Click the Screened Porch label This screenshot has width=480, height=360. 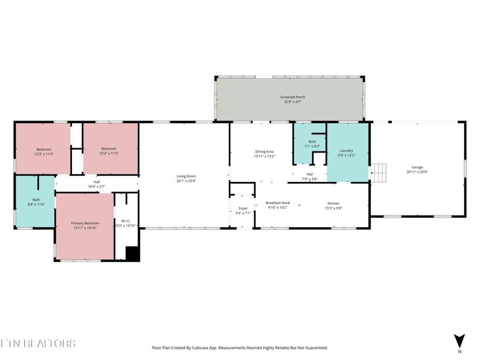pos(293,99)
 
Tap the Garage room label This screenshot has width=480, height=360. pos(417,170)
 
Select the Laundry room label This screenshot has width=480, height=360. pos(346,153)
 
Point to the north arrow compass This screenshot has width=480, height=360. pos(459,342)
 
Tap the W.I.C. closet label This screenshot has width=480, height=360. pos(126,223)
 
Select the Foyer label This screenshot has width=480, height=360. pos(243,211)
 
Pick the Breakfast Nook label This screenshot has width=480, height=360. pos(277,205)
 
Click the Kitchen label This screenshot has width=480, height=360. pos(333,205)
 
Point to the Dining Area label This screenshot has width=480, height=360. pos(264,154)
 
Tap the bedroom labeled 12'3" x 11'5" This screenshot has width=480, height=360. pos(44,151)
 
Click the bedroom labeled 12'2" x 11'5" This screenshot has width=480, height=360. pos(109,151)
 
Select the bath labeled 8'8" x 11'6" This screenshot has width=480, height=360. pos(35,202)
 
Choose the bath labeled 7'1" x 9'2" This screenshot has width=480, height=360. pos(312,144)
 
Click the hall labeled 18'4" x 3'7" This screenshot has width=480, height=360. pos(97,184)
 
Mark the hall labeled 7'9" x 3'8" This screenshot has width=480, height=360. pos(309,177)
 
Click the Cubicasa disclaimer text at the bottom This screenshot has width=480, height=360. pos(240,348)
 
